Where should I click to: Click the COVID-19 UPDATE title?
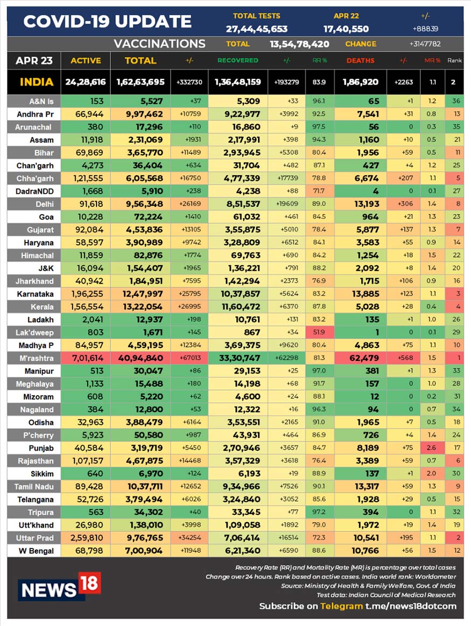(108, 22)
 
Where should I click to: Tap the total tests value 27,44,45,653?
(257, 29)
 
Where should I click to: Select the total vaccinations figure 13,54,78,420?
(299, 44)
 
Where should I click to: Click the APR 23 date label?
(34, 60)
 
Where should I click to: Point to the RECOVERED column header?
(238, 61)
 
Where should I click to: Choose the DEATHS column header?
(360, 61)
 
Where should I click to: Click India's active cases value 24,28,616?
(86, 82)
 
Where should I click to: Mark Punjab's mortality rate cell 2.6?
(432, 447)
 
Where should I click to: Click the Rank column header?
(454, 61)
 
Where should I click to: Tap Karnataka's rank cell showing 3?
(456, 294)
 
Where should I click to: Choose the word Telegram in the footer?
(341, 606)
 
